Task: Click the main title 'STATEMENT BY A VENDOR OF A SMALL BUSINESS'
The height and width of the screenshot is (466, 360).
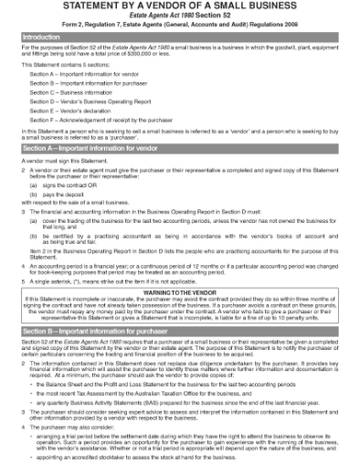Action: (x=179, y=6)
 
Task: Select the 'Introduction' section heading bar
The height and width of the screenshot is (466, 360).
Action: (x=179, y=37)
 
